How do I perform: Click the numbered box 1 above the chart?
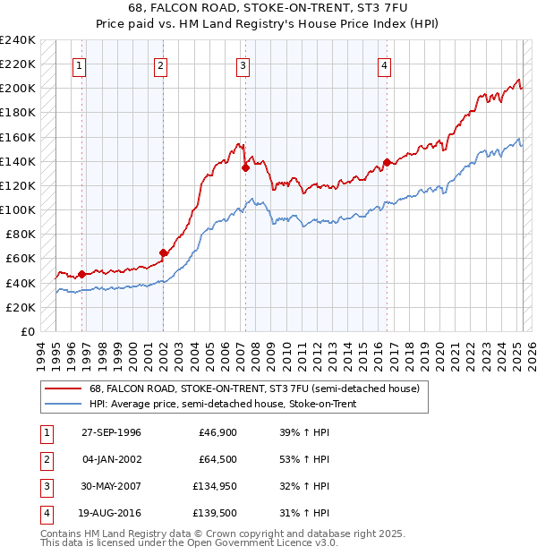[80, 64]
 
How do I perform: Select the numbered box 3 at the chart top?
[243, 64]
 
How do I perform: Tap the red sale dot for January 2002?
[163, 252]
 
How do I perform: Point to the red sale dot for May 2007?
[245, 166]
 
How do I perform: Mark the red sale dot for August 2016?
[387, 162]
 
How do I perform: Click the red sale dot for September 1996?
[81, 274]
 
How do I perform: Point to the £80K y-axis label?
[21, 235]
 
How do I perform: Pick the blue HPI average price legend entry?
[223, 405]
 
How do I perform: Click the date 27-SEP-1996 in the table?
[111, 432]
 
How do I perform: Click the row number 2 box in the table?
[45, 459]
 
